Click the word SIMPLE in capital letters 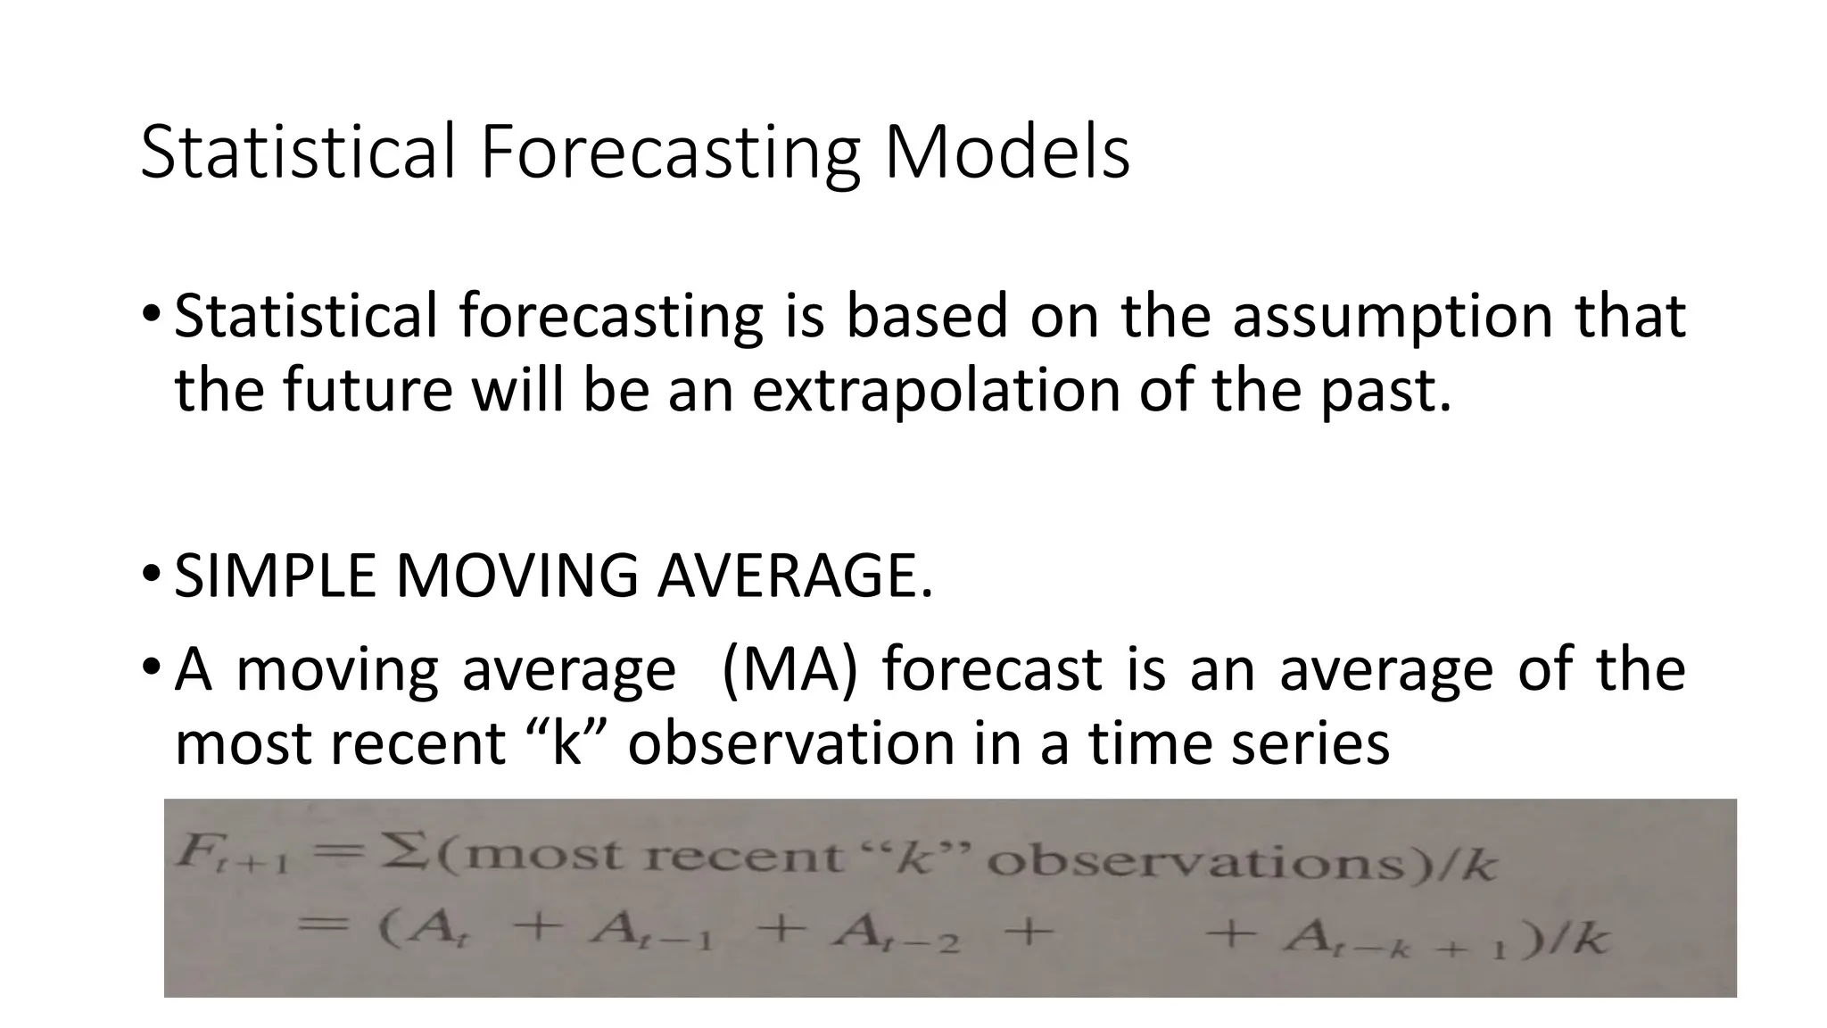276,576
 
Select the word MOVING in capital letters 517,576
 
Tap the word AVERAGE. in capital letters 795,576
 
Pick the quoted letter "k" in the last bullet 566,743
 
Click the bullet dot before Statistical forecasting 152,314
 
